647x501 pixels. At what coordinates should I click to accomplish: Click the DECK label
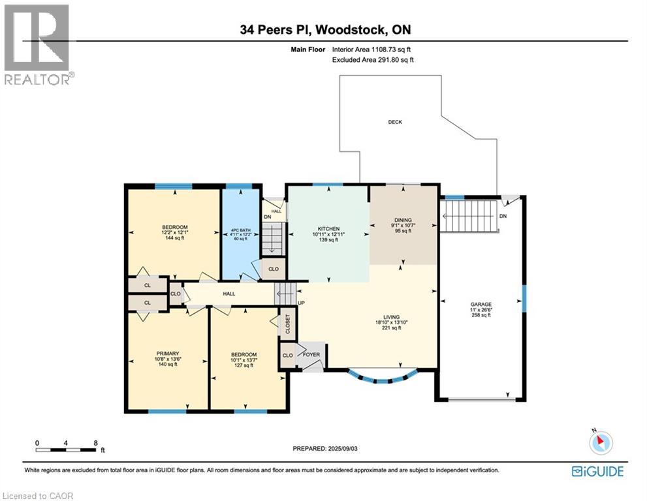[395, 122]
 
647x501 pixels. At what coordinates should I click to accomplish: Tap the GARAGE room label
[481, 304]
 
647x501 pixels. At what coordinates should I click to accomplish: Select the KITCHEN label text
[328, 229]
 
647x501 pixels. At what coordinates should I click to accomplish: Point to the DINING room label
[403, 220]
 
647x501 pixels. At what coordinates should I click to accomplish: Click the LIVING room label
[391, 317]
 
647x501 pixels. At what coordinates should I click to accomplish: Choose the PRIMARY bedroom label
[168, 354]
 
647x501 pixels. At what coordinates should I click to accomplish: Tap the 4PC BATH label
[240, 230]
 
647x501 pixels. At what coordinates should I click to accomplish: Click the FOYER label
[311, 354]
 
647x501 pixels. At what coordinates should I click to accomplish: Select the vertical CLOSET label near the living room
[288, 324]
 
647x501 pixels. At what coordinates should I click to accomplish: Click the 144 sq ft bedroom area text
[174, 238]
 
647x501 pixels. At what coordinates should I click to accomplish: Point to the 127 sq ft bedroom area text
[244, 365]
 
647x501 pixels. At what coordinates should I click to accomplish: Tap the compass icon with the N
[601, 442]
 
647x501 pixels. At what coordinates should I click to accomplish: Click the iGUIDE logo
[597, 471]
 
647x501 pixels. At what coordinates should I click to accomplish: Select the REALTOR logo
[38, 44]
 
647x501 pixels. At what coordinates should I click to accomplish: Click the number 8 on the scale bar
[96, 443]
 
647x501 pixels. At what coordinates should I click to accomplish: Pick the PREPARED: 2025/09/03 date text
[325, 448]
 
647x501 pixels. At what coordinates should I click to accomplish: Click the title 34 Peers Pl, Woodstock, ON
[326, 29]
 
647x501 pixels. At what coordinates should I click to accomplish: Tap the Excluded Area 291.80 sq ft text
[373, 60]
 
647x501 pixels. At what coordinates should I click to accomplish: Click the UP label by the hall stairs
[301, 303]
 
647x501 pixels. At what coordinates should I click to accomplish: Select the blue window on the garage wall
[524, 299]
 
